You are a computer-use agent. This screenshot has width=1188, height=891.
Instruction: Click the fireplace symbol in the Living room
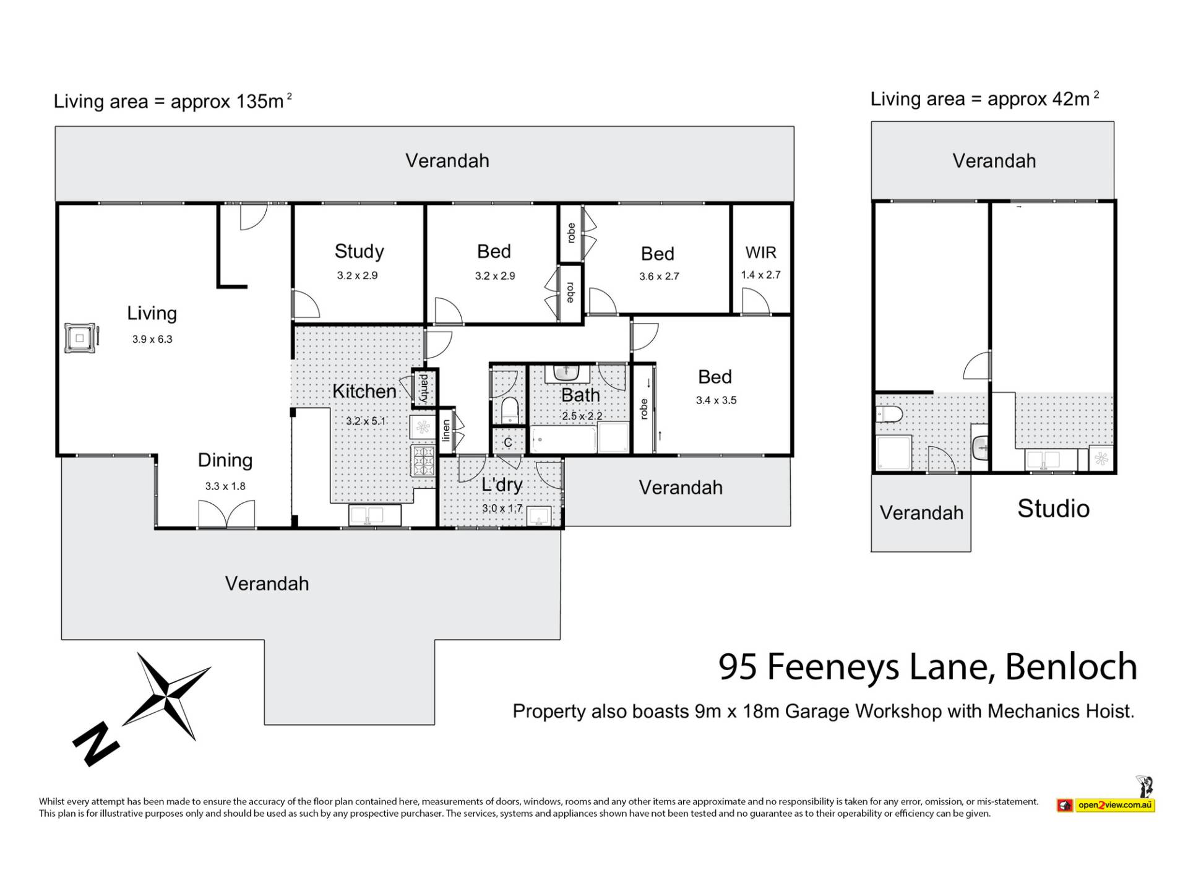tap(80, 338)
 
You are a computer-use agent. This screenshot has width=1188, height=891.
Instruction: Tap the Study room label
tap(359, 251)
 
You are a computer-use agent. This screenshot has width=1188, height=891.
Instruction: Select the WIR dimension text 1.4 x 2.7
tap(760, 275)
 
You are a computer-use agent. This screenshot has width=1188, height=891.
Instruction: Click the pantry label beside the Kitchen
tap(424, 388)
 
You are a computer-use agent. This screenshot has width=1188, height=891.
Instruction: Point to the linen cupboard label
tap(446, 431)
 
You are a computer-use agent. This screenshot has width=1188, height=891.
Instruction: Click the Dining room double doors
tap(226, 514)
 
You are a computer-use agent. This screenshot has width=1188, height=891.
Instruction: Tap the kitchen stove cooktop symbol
tap(423, 461)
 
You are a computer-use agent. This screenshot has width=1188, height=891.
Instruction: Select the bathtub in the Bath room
tap(564, 439)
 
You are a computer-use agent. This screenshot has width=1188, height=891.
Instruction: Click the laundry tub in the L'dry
tap(539, 516)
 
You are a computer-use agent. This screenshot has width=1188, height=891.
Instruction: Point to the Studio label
tap(1053, 509)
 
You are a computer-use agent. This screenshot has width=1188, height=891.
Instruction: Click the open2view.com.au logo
tap(1106, 805)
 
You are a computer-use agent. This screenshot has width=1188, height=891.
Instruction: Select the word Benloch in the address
tap(1071, 666)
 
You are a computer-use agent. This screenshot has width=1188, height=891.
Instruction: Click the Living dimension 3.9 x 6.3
tap(152, 339)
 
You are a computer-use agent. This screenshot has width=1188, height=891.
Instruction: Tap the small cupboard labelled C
tap(508, 441)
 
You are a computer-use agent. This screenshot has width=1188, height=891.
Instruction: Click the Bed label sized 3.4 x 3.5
tap(715, 377)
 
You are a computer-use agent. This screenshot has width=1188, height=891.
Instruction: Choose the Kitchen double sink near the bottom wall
tap(375, 515)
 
